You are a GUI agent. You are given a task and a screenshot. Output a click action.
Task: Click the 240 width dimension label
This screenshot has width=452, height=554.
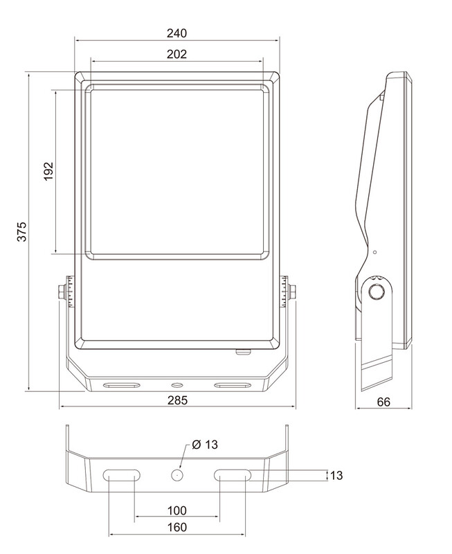(177, 33)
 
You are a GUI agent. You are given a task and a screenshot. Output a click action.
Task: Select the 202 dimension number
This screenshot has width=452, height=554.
(177, 54)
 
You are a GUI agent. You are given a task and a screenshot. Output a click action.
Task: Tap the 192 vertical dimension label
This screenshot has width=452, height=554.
(48, 171)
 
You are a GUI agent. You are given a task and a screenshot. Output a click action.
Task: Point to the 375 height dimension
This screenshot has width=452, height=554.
(22, 231)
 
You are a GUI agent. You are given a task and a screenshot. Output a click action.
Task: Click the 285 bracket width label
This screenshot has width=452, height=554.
(177, 400)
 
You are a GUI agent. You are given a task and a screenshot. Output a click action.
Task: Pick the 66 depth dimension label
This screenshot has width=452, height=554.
(383, 402)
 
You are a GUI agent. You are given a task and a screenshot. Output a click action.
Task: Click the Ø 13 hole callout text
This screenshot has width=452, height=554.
(205, 445)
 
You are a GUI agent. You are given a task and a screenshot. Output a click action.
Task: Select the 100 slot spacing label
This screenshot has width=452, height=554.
(177, 510)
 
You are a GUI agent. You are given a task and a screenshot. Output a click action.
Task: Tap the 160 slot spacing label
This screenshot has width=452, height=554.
(177, 527)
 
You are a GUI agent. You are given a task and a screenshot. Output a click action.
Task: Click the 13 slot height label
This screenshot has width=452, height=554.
(336, 475)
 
